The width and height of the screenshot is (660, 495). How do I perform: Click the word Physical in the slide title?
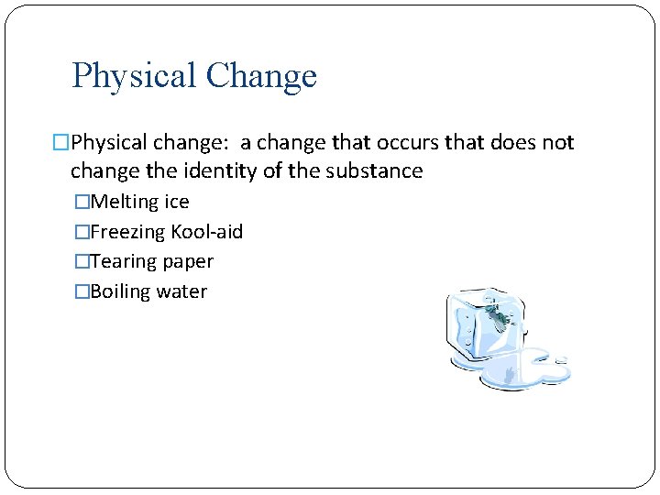point(134,76)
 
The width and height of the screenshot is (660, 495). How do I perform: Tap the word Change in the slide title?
point(261,76)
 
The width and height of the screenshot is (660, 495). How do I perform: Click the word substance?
point(379,171)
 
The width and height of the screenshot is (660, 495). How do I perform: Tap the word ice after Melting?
point(176,202)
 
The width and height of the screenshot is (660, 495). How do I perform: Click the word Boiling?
point(121,292)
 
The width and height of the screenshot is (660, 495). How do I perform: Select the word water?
point(181,292)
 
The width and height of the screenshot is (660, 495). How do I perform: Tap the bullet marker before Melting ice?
point(82,203)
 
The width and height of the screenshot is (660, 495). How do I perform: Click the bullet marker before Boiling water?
point(82,292)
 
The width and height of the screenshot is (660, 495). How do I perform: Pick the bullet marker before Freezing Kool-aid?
point(82,232)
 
